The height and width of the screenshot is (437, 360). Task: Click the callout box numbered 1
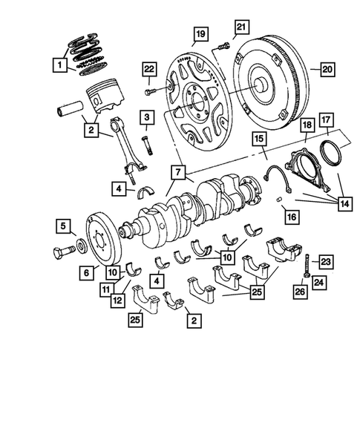[58, 65]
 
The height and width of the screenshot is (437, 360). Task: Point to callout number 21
[240, 28]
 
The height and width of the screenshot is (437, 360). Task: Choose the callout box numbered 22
[148, 70]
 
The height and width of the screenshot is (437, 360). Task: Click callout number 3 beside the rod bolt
[148, 117]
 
